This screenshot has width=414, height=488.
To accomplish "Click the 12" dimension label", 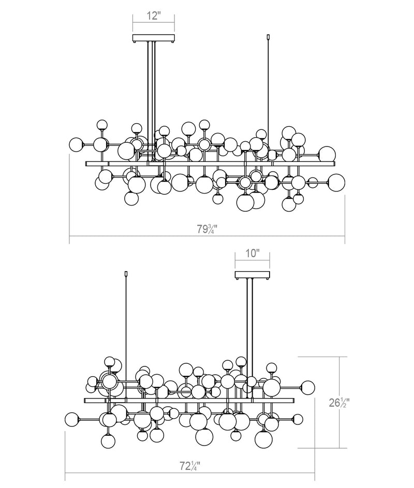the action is point(153,16).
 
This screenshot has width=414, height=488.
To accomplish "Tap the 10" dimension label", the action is point(252,253).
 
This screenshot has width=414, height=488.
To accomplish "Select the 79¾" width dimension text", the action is point(206,229).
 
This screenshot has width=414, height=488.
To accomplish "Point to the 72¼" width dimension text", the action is point(190,466).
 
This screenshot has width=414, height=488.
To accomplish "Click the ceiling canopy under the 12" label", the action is point(154,38).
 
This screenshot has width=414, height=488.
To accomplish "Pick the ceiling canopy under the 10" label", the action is point(253,275).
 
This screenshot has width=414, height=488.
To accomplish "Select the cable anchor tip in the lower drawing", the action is point(126,274).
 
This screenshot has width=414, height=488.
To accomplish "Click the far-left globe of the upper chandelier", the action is point(76,144).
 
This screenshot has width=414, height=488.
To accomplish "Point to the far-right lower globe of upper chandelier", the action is point(336,183).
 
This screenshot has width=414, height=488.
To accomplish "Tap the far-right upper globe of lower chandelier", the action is point(307,387).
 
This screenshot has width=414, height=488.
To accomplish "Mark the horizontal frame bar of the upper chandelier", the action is point(210,164).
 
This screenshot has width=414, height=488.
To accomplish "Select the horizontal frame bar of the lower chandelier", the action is point(189,401).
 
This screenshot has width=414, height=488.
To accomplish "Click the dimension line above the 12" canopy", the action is point(154,23).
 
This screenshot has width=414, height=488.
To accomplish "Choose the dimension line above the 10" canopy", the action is point(253,260).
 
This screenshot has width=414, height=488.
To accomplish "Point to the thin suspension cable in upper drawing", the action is point(268,93).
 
